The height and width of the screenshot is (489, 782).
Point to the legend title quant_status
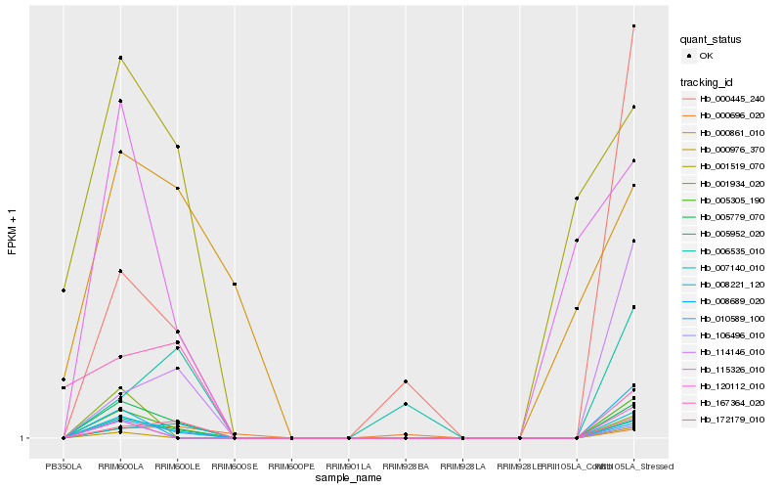[x=711, y=40]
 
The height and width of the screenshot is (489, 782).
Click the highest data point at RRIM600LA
[x=120, y=58]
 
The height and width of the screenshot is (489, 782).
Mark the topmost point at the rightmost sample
[x=634, y=25]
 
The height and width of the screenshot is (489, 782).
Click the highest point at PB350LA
[x=64, y=290]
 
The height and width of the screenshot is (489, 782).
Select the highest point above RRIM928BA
[x=406, y=380]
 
